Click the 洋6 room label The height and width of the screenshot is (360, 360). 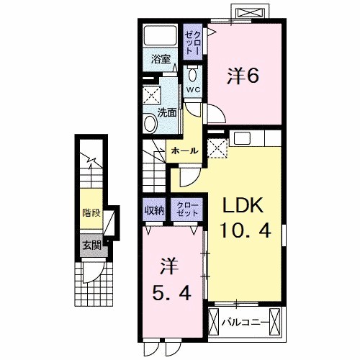point(243,75)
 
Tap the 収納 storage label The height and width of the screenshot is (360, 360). point(153,210)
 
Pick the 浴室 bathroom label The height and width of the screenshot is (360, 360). point(160,59)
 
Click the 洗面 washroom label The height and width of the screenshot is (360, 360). point(166,112)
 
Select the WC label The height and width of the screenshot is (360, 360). point(194,89)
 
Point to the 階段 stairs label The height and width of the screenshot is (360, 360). point(91,213)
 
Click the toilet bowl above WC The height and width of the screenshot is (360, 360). point(194,74)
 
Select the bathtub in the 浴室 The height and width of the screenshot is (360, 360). point(160,36)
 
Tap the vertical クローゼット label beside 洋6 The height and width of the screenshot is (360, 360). point(193,41)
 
